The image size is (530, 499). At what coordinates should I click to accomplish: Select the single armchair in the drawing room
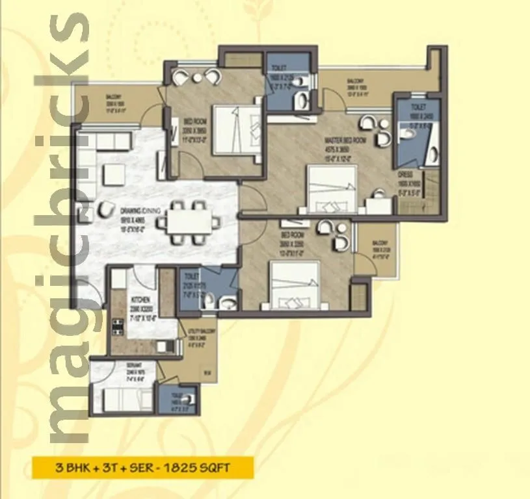pos(104,209)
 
